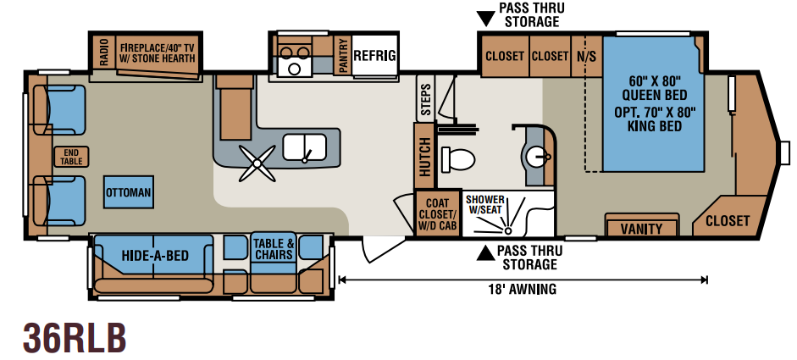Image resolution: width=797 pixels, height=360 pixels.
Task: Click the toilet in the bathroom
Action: (x=457, y=159)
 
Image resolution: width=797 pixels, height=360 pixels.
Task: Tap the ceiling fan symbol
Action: (x=257, y=163)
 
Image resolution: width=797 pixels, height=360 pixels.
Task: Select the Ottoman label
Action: (x=129, y=193)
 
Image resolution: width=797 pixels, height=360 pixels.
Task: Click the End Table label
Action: (x=71, y=157)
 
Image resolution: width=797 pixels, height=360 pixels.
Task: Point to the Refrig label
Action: (x=374, y=55)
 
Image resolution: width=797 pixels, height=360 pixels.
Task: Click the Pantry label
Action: (x=342, y=56)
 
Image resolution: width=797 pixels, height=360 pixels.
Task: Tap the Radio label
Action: (x=104, y=53)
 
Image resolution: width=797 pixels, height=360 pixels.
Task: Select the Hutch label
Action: (x=424, y=157)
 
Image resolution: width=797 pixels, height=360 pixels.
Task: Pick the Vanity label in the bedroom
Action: (x=641, y=230)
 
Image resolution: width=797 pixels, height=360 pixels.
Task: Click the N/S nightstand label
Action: (x=586, y=56)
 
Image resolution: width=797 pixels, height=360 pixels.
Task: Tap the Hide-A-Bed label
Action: (x=155, y=255)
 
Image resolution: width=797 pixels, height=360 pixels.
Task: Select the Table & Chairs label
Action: (x=274, y=249)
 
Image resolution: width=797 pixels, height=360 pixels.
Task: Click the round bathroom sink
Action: (x=535, y=157)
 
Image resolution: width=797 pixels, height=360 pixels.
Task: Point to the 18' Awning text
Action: (x=523, y=290)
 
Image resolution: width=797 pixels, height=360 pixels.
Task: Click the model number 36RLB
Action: (x=75, y=338)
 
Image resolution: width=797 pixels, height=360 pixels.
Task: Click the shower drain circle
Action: (x=507, y=230)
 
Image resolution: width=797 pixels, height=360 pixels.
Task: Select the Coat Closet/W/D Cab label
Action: (x=438, y=213)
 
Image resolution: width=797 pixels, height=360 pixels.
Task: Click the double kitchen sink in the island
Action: (x=304, y=147)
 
